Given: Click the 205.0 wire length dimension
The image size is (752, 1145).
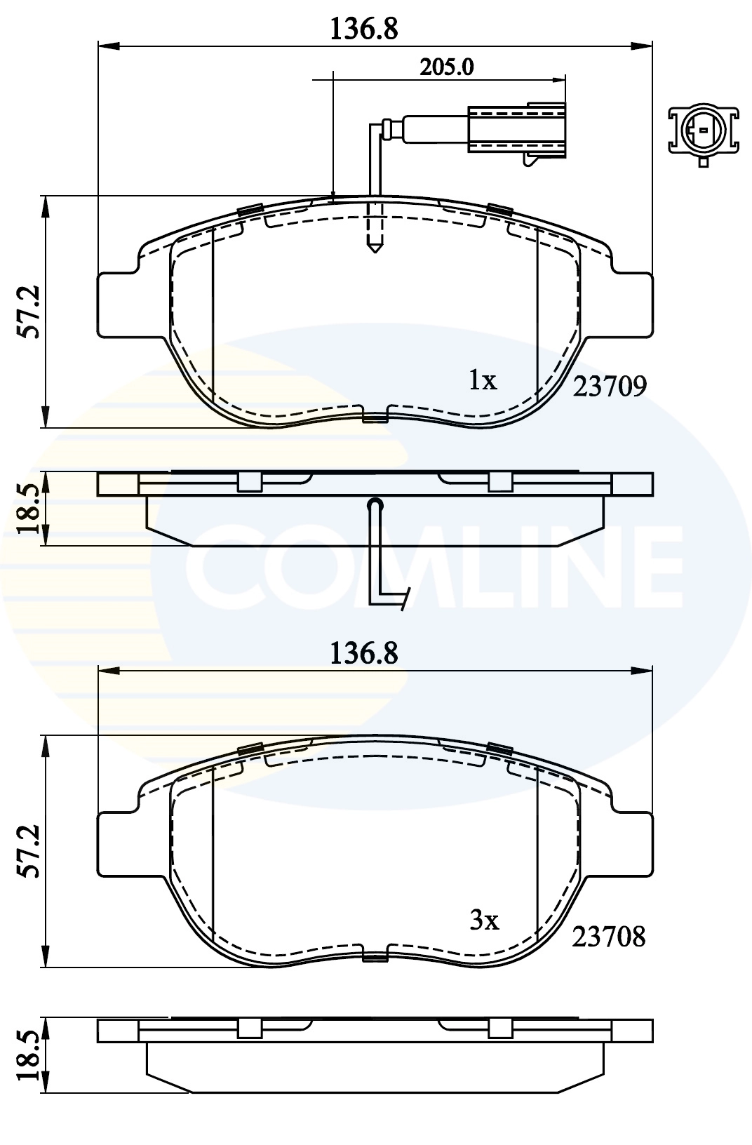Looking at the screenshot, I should tap(447, 67).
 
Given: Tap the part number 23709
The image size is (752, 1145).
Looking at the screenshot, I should tap(609, 386).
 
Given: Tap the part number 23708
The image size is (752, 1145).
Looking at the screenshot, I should tap(608, 937).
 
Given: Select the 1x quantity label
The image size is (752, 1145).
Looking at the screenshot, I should tap(483, 380).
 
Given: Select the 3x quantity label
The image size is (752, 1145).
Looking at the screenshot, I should tap(483, 920).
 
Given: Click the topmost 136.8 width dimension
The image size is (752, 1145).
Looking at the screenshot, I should tap(365, 29).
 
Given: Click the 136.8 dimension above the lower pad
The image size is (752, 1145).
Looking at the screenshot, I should tap(365, 653).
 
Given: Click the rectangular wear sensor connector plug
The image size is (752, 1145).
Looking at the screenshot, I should tap(516, 128).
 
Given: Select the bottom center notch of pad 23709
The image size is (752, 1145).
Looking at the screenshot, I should tap(375, 417).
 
